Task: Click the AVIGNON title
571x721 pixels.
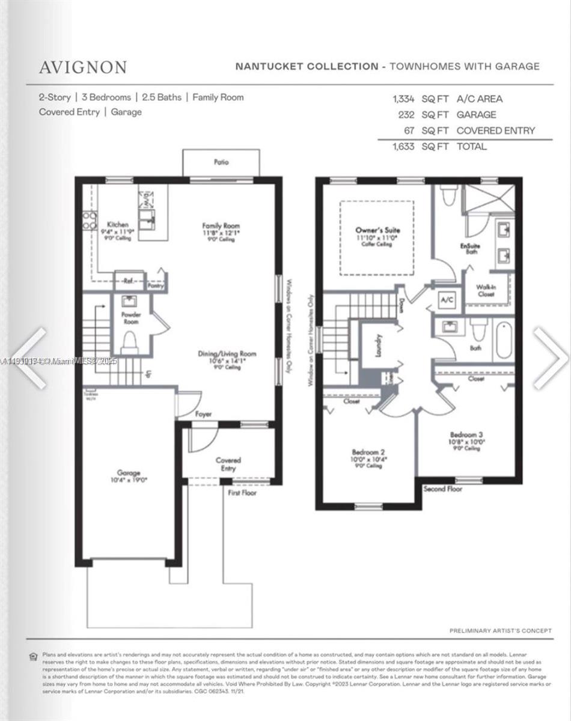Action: [83, 67]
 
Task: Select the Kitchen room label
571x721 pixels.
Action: [117, 224]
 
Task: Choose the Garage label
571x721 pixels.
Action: [129, 473]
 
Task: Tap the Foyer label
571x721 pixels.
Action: [203, 414]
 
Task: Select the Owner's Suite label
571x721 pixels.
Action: [377, 230]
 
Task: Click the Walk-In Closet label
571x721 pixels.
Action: [486, 290]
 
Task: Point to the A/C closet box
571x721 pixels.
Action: [447, 299]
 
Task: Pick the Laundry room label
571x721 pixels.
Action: [379, 345]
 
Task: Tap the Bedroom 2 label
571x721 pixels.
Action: [368, 452]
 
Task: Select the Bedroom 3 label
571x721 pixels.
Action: [467, 434]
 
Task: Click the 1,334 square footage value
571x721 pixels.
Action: [403, 99]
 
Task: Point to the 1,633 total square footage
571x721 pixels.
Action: [403, 146]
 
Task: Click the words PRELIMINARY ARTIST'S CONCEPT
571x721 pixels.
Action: [500, 630]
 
